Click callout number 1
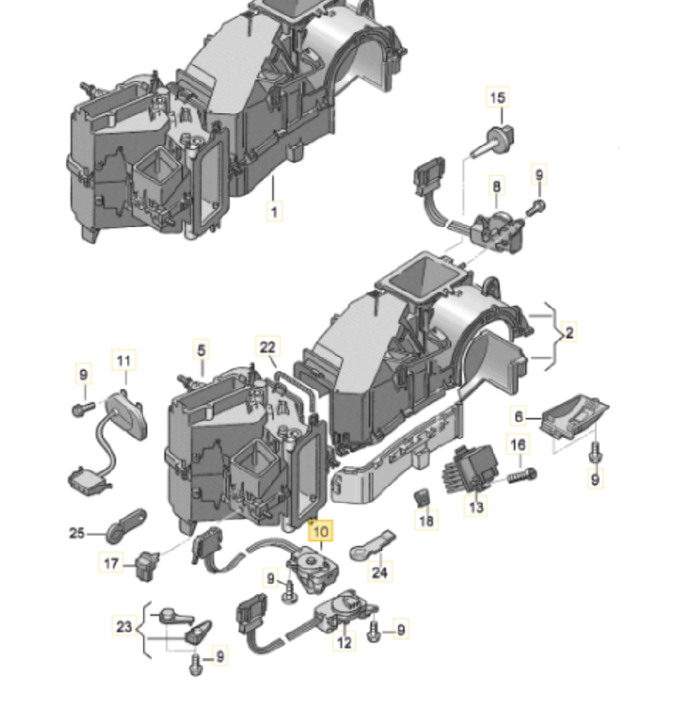coord(274,212)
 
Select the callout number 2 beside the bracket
coord(569,332)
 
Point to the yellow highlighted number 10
coord(321,531)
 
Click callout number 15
coord(498,97)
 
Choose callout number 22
coord(268,347)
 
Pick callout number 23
coord(123,627)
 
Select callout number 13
coord(476,506)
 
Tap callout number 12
coord(343,642)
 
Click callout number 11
coord(123,361)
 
